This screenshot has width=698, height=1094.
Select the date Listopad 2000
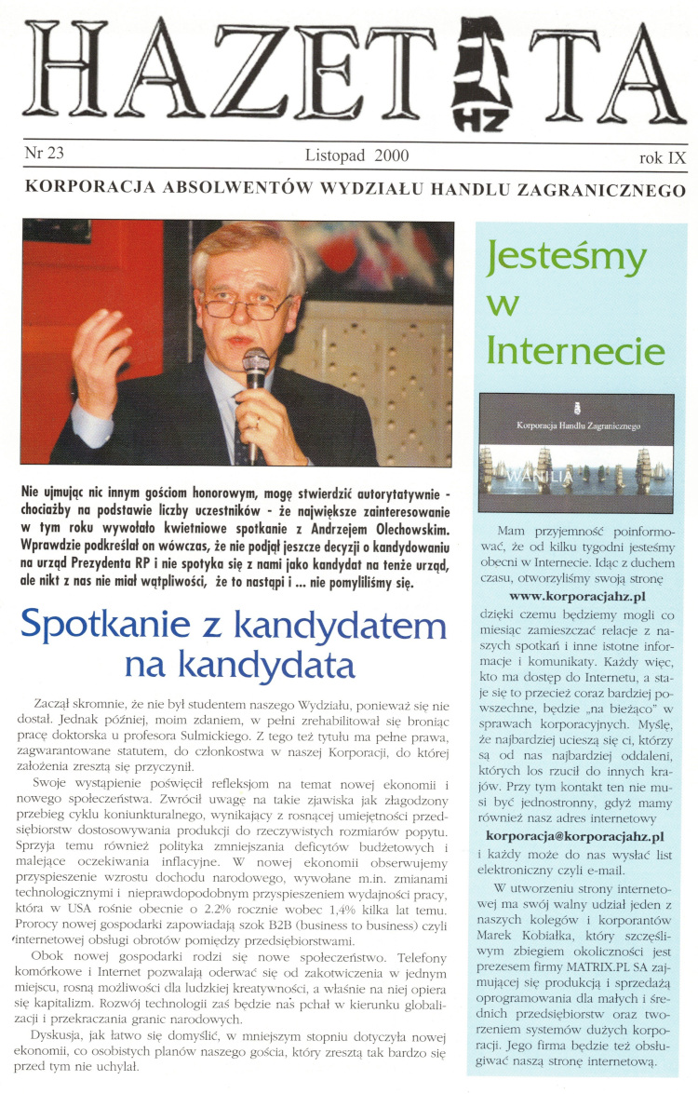[356, 155]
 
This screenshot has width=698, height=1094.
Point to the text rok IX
[663, 157]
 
